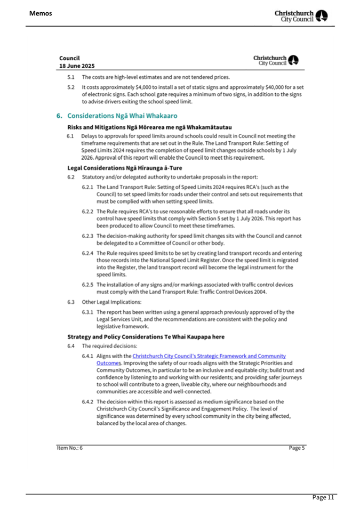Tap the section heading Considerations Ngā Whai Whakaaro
point(122,115)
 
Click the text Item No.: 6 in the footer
point(71,448)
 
